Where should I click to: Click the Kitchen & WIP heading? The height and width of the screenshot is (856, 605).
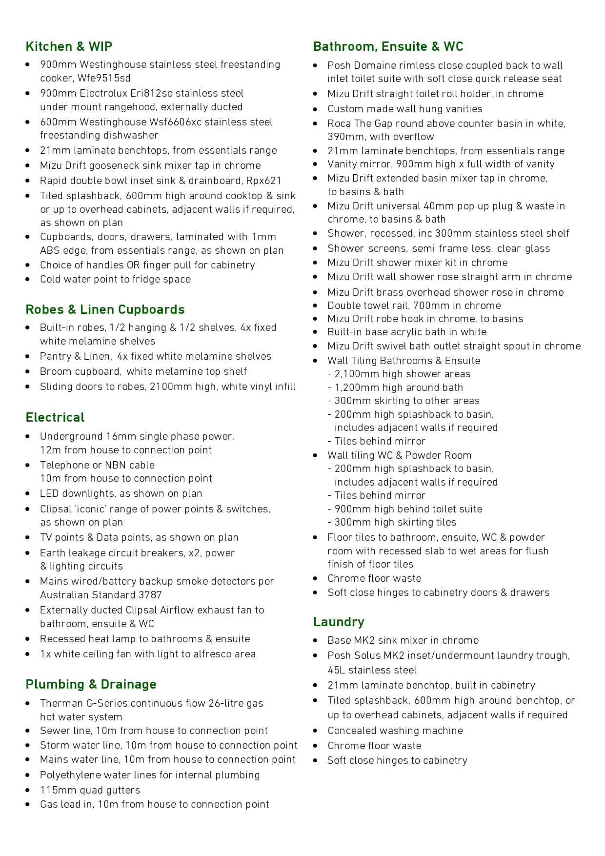[x=69, y=46]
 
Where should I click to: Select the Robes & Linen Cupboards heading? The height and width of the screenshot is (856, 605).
[x=105, y=309]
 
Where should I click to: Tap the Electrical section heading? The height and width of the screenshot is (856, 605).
[x=55, y=417]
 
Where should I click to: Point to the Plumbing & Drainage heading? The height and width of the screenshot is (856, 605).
[x=91, y=684]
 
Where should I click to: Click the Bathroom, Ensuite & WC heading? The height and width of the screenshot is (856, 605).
[x=388, y=46]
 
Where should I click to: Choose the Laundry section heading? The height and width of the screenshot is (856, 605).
[x=339, y=622]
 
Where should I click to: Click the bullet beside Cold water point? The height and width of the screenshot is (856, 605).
[x=28, y=280]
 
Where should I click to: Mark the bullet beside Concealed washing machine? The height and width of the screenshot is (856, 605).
[x=316, y=731]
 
